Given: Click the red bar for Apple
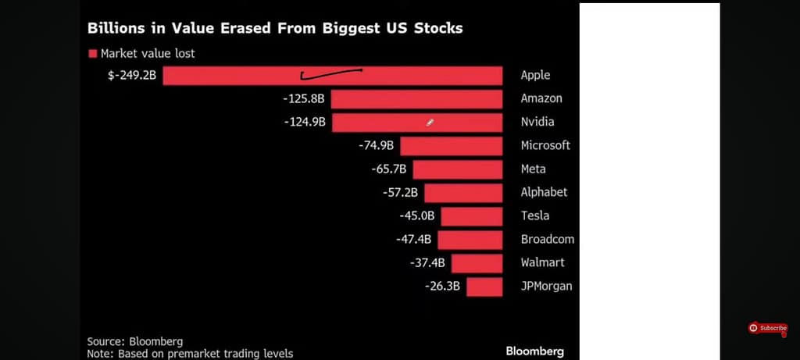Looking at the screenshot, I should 332,75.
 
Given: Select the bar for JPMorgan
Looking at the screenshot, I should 484,286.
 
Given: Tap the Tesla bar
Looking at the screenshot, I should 471,216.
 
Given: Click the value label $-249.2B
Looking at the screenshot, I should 132,75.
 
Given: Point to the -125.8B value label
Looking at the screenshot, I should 304,98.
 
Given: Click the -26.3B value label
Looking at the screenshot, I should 443,286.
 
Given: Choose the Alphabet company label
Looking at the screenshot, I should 544,192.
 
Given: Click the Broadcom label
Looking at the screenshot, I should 547,239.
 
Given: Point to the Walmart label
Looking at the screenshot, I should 542,262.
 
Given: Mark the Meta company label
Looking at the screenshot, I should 533,169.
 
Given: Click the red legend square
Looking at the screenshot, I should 92,54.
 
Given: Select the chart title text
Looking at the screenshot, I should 275,28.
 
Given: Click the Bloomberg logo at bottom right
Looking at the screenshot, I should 534,351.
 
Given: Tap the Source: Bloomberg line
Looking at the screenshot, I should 134,341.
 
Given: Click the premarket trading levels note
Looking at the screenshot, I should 190,354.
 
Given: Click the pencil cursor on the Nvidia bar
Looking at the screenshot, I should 430,122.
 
